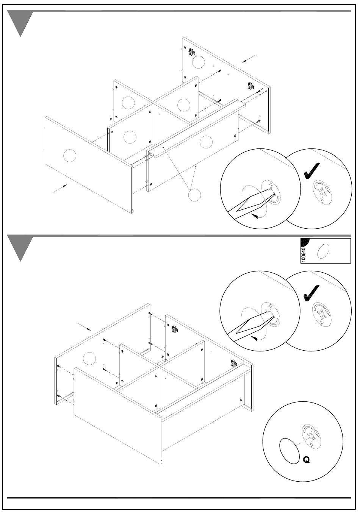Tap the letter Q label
tap(306, 460)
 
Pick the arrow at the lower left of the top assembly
tap(60, 188)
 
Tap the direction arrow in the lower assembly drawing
tap(84, 327)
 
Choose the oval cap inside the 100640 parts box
tap(323, 251)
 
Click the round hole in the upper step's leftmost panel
tap(69, 155)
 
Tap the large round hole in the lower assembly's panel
tap(89, 358)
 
